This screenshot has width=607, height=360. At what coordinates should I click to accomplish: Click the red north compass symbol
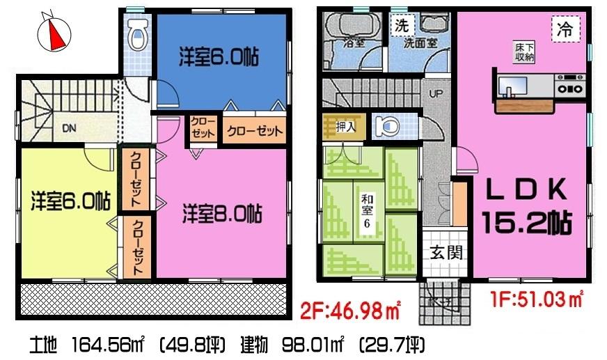coord(54,32)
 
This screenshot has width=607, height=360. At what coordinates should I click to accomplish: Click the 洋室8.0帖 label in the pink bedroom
coord(222,212)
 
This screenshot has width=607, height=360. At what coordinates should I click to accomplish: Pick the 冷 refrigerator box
coord(565,30)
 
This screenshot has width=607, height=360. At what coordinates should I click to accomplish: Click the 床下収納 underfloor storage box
coord(525,52)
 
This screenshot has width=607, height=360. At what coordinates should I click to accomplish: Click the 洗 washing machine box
coord(401,26)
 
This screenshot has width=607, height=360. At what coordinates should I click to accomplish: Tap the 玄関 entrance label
coord(442,253)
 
